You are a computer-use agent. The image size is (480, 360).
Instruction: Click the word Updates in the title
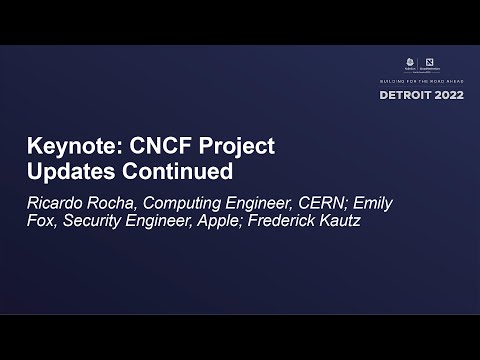69,171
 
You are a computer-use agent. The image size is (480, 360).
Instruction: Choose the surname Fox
40,220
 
